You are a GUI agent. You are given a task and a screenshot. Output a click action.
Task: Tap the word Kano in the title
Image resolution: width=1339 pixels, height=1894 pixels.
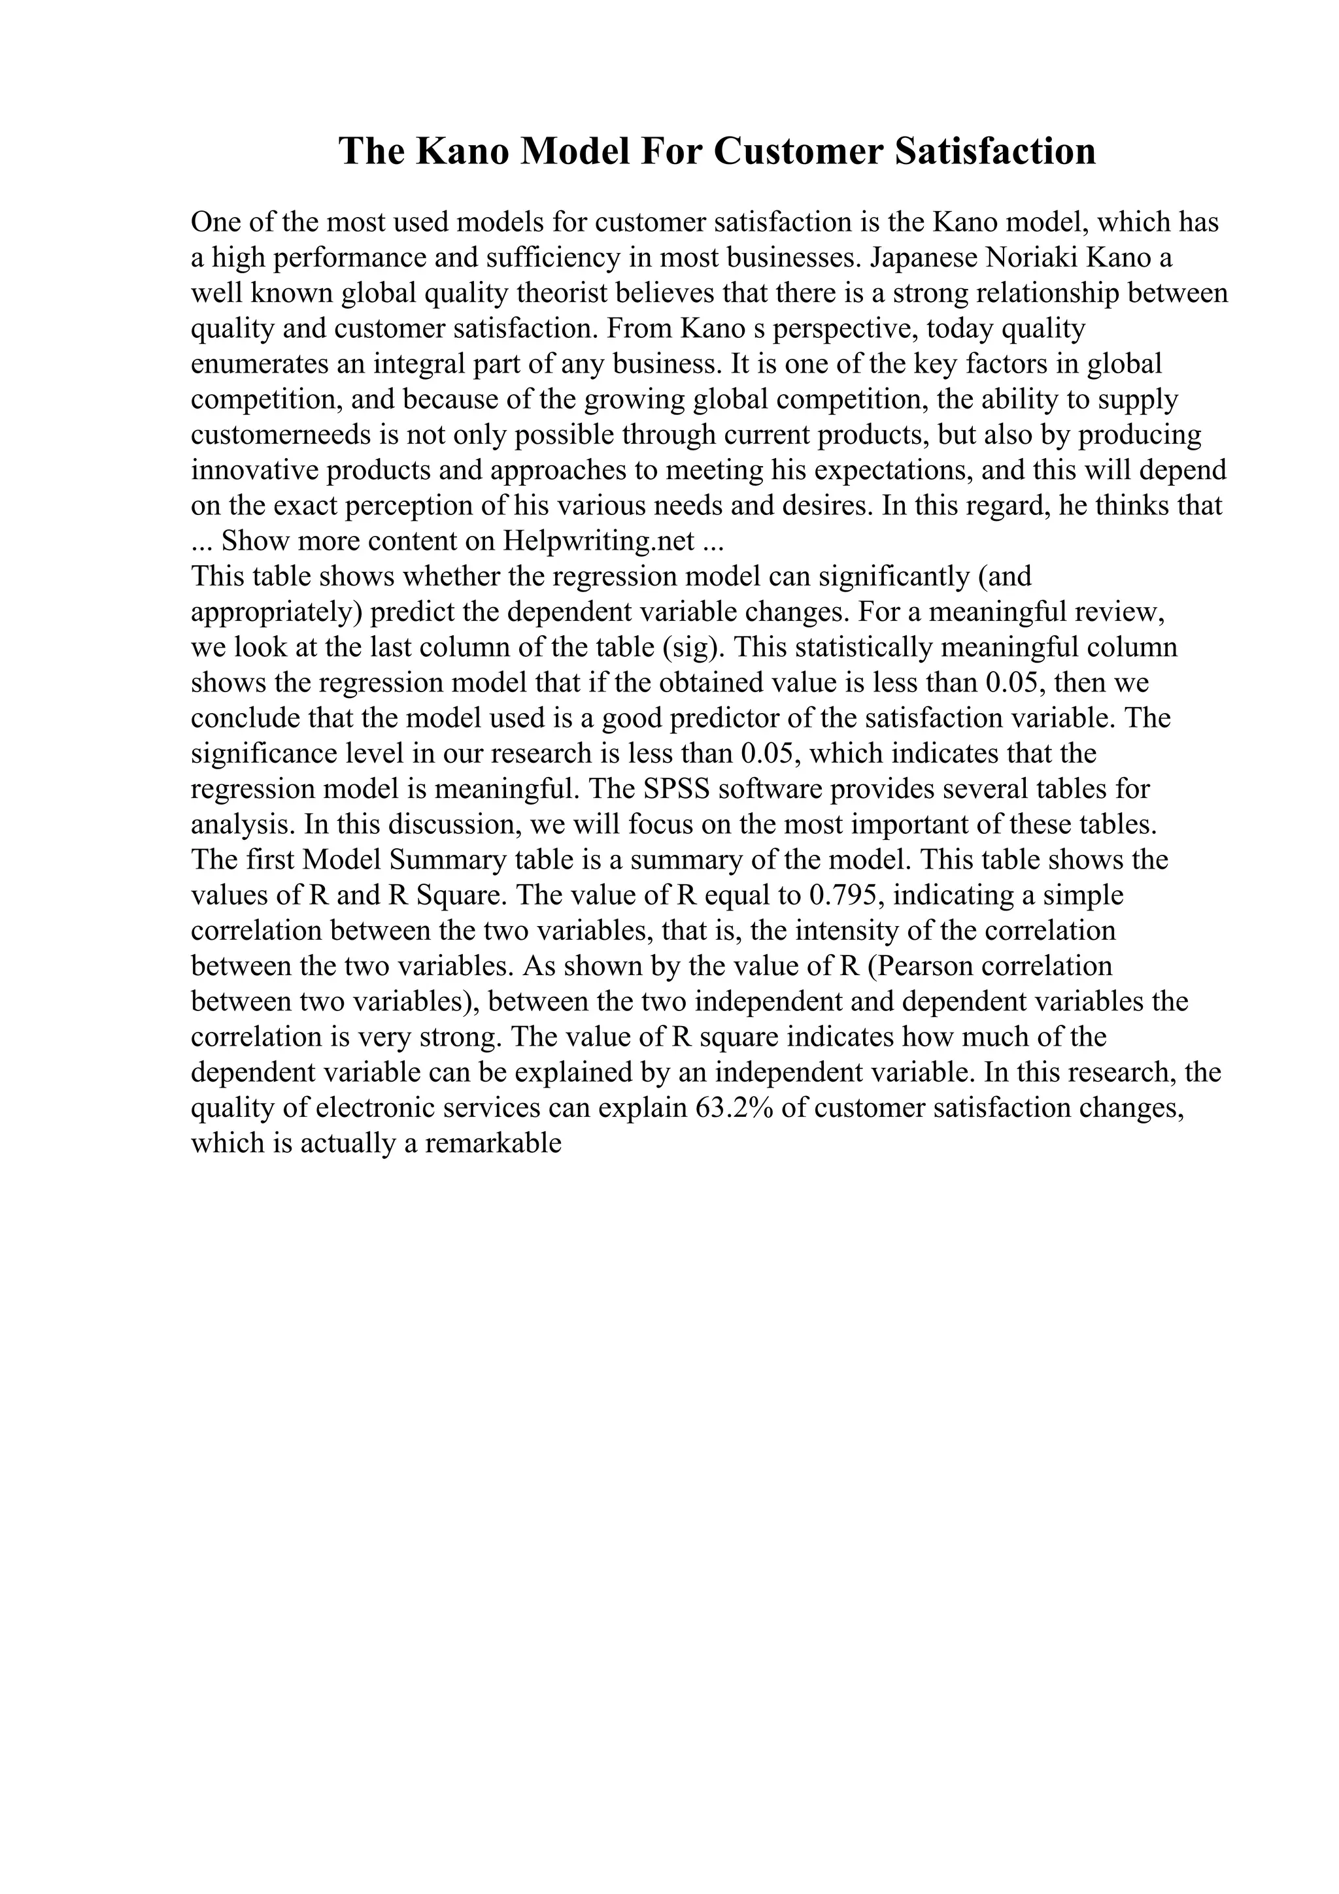pos(462,151)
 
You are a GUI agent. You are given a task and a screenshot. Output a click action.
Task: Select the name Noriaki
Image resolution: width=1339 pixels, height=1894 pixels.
pos(1033,258)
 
